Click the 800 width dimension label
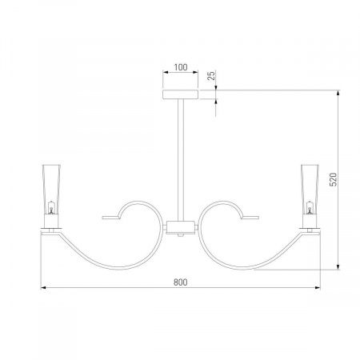coord(181,282)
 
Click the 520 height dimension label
coord(334,179)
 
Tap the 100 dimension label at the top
coord(181,67)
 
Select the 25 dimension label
coord(211,76)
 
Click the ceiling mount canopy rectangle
coord(181,94)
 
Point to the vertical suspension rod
coord(181,160)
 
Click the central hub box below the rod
coord(181,227)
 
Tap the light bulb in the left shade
coord(51,207)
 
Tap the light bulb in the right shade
coord(310,207)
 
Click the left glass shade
coord(51,190)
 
